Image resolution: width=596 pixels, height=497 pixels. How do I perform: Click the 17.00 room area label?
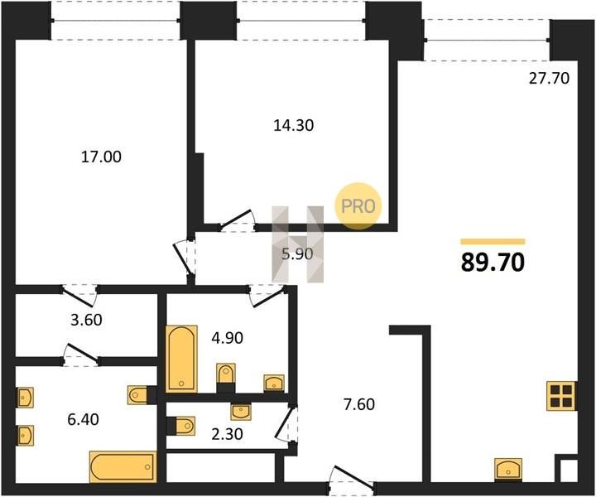101,157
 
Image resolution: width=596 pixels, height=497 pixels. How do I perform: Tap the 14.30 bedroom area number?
293,125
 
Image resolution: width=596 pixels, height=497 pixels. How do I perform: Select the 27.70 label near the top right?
550,78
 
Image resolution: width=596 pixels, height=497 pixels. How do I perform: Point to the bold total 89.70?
493,263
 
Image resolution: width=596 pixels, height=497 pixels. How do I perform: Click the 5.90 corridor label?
297,253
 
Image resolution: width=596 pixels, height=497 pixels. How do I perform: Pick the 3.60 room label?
86,320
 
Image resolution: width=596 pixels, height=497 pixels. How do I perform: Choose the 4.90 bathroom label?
228,338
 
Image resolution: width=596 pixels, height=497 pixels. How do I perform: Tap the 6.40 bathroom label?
84,419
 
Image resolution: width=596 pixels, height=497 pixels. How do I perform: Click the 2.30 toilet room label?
227,434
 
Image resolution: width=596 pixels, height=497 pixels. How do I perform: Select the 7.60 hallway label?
358,404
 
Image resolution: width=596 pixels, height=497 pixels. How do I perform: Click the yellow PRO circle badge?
358,205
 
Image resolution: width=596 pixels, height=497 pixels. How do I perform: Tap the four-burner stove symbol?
560,396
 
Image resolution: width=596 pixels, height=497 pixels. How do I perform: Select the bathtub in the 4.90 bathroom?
181,358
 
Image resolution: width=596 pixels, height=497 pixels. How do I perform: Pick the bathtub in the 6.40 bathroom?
123,466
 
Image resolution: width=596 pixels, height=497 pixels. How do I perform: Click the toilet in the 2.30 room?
181,426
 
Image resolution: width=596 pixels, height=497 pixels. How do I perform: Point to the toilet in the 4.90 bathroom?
226,374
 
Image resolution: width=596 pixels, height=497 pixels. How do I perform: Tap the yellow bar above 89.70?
493,242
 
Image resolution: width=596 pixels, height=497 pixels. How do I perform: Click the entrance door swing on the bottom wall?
352,476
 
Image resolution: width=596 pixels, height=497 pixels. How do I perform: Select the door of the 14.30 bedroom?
238,220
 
